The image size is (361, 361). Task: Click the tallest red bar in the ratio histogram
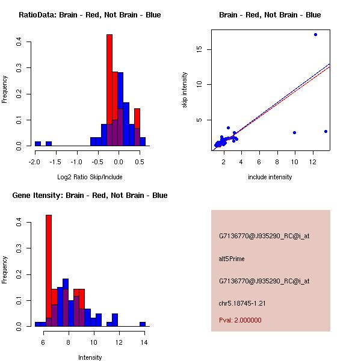click(x=110, y=90)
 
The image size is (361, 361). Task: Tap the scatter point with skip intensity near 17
click(x=315, y=34)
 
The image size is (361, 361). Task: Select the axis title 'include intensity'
click(x=270, y=177)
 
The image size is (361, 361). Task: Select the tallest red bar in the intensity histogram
click(x=49, y=270)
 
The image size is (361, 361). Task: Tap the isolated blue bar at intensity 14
click(x=143, y=324)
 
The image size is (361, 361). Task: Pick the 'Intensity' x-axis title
click(x=90, y=357)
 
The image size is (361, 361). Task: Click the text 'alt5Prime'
click(x=232, y=259)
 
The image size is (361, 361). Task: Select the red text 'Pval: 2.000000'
click(x=240, y=320)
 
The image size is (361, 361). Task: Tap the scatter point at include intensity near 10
click(x=294, y=132)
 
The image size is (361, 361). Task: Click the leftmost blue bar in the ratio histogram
click(x=38, y=144)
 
